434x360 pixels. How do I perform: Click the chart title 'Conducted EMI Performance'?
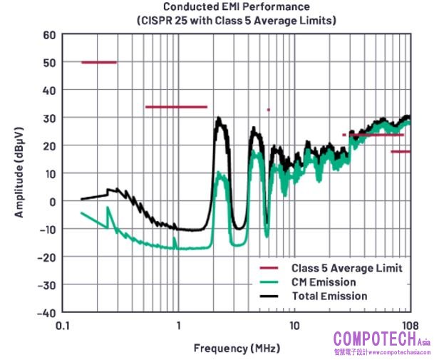point(237,7)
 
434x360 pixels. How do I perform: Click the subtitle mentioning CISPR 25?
point(237,21)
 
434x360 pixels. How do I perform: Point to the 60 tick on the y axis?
point(49,35)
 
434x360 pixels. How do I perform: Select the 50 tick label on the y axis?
point(49,63)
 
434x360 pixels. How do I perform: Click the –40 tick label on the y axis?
point(46,313)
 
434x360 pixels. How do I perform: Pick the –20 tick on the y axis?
point(46,257)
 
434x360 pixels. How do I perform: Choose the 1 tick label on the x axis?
point(178,326)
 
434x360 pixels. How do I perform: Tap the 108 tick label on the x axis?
point(409,326)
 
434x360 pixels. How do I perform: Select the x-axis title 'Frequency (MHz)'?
point(237,349)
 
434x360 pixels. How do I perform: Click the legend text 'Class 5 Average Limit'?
point(347,268)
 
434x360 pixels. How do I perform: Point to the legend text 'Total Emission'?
point(329,295)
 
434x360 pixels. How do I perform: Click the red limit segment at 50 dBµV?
point(98,63)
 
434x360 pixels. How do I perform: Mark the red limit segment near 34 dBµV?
point(176,107)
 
